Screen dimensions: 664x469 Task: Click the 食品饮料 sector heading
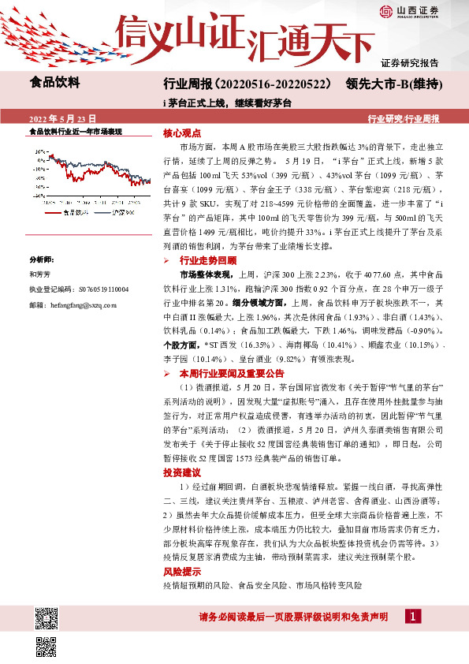coord(54,81)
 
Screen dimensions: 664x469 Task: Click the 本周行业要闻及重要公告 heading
coord(232,373)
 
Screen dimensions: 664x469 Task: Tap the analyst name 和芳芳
coord(40,275)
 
